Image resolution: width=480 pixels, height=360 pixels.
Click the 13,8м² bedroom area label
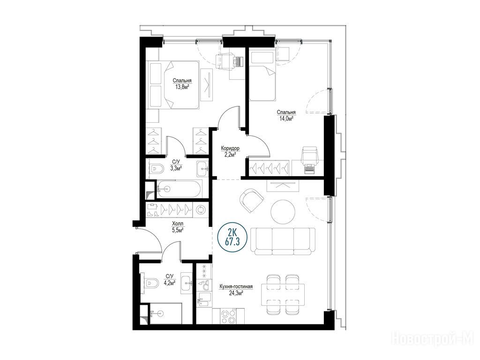click(x=182, y=83)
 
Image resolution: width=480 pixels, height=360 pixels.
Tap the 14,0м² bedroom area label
click(x=286, y=115)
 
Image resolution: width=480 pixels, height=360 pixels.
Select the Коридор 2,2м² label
click(x=230, y=151)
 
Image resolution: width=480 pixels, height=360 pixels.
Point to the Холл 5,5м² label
click(x=178, y=226)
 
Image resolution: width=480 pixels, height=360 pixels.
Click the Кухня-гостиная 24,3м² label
click(x=236, y=290)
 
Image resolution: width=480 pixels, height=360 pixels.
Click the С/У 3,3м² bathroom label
click(x=176, y=165)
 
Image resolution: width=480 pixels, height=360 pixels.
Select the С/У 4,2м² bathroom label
click(x=170, y=280)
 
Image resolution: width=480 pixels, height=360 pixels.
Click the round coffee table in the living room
click(x=283, y=212)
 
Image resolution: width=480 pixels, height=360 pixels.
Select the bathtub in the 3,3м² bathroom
click(x=180, y=189)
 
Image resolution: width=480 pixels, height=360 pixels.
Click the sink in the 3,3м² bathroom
click(x=202, y=168)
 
